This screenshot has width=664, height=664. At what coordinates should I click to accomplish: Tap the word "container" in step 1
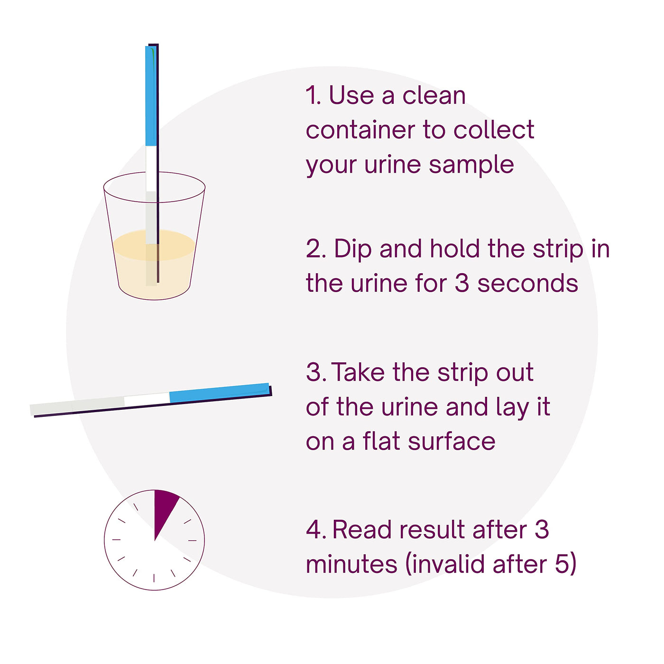360,130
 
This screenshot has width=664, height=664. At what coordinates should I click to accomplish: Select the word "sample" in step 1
471,166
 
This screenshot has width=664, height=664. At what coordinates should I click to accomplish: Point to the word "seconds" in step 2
527,283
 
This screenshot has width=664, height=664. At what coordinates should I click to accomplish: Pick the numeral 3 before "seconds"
462,283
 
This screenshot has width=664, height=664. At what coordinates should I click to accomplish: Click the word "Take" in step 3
358,372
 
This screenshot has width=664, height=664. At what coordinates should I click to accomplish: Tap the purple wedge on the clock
163,508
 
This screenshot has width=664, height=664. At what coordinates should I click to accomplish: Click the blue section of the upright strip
151,96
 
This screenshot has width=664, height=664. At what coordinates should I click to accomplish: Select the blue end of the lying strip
220,393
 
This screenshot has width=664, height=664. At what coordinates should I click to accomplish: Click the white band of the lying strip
147,400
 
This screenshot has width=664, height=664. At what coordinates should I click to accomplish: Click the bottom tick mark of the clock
154,578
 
